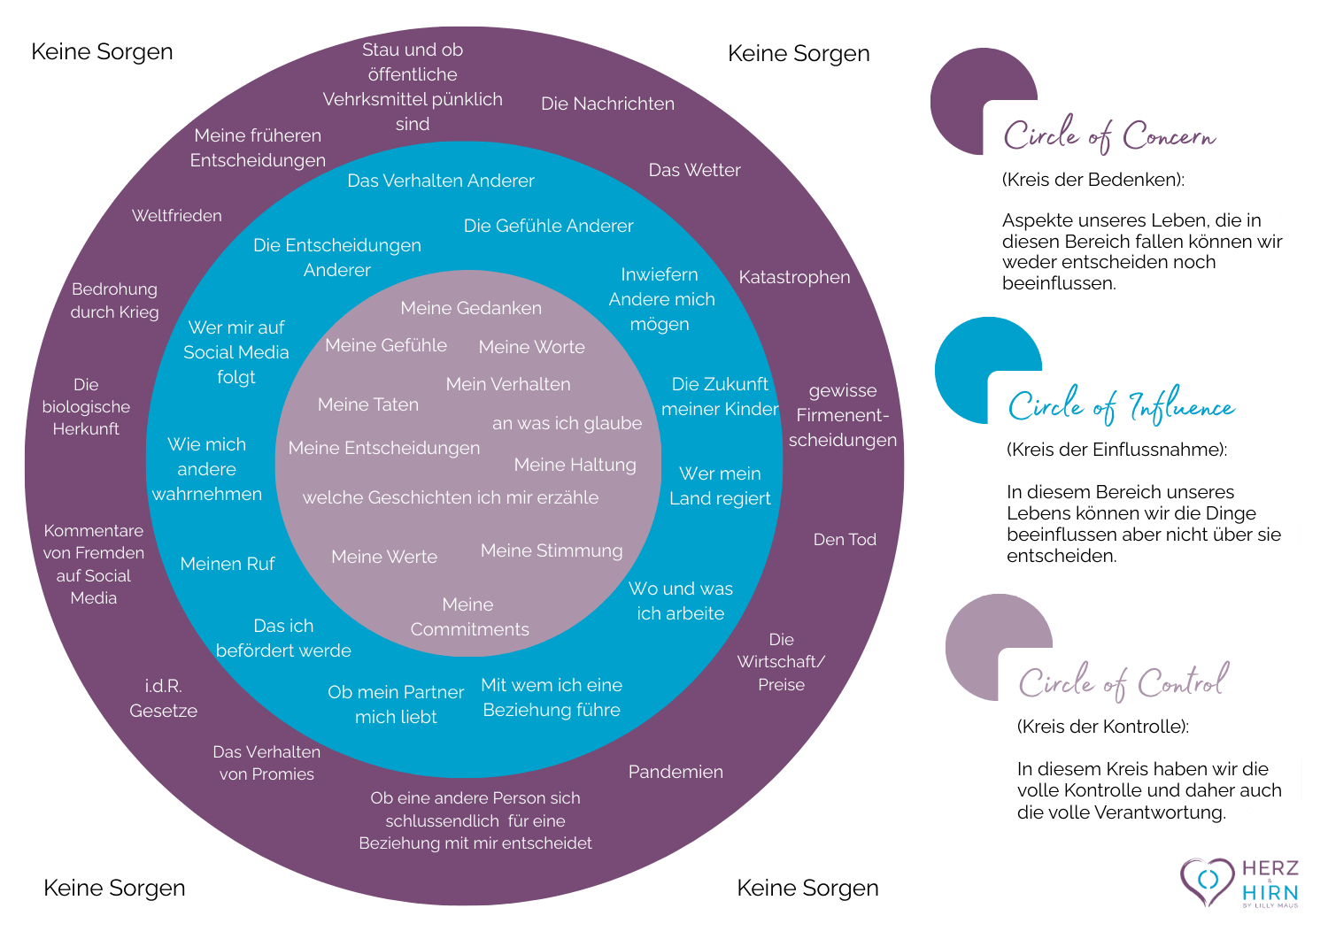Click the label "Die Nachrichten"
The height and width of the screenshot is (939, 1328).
point(607,104)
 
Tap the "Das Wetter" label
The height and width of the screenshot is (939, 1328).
point(694,170)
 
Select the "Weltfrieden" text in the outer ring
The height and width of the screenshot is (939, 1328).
point(177,216)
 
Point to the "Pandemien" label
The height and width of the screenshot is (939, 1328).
point(676,772)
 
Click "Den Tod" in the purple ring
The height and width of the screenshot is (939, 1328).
point(845,540)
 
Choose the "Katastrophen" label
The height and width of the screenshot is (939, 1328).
point(794,277)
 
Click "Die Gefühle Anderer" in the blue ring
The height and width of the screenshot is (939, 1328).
point(548,226)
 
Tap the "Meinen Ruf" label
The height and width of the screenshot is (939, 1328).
point(228,564)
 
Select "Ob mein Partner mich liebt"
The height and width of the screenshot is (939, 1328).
point(396,704)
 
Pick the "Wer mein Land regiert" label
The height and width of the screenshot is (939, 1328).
point(720,486)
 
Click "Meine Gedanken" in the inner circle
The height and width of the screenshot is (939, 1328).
point(471,308)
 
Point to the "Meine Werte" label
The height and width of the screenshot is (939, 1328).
point(384,557)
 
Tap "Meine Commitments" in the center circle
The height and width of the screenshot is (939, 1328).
point(469,617)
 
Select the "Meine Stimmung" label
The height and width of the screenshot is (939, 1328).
point(552,550)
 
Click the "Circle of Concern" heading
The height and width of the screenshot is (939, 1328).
point(1109,135)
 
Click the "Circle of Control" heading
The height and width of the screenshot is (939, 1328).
point(1123,681)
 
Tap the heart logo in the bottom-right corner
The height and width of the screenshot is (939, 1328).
point(1207,881)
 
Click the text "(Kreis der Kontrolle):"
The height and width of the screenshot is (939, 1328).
point(1103,727)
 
